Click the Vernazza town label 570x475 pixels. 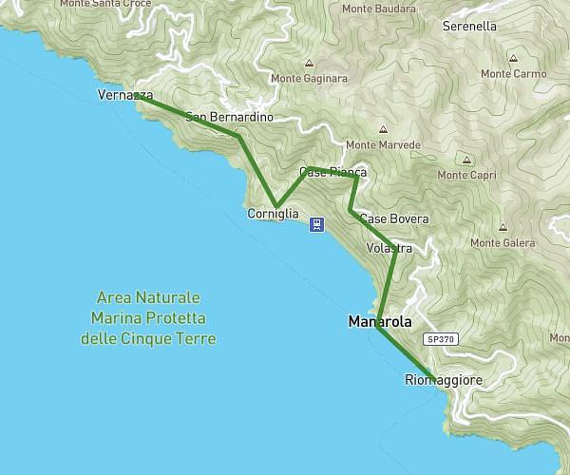coord(124,95)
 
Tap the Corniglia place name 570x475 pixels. coord(273,215)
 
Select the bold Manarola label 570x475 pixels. coord(380,322)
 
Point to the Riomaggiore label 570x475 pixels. coord(444,380)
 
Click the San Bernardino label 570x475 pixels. coord(229,117)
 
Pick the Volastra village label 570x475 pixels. coord(389,249)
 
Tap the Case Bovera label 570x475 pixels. coord(394,218)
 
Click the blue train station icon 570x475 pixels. coord(315,225)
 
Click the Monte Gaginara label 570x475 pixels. coord(309,79)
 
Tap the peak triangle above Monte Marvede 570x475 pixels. coord(383,130)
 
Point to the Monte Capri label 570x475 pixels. coord(466,175)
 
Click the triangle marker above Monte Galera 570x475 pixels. coord(501,227)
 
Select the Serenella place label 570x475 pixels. coord(469,27)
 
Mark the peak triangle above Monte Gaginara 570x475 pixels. coord(308,64)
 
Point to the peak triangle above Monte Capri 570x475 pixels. coord(466,160)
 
